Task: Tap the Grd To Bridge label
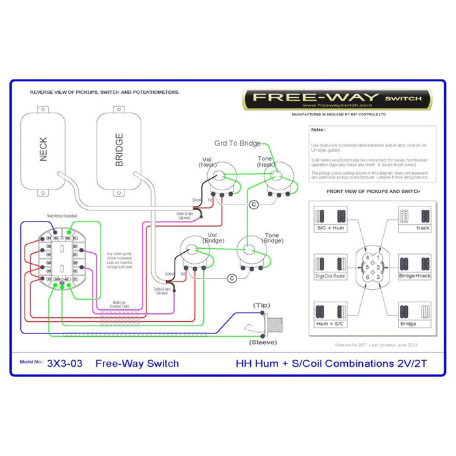[x=237, y=143]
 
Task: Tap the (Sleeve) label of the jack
[x=263, y=341]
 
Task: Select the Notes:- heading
[x=318, y=130]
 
